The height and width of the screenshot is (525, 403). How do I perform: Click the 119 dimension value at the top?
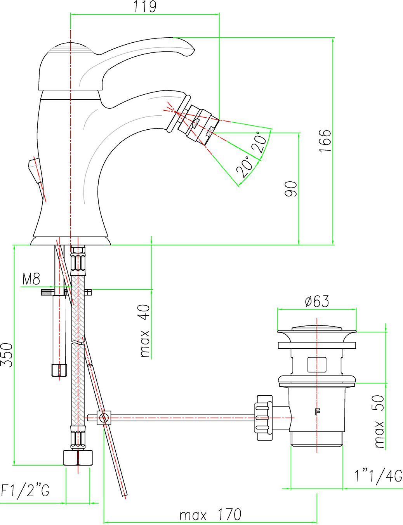pos(145,7)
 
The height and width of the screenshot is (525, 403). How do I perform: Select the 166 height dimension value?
pos(325,141)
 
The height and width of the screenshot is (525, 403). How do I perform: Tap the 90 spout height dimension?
pos(291,189)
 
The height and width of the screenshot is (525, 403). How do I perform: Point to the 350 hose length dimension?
pos(7,355)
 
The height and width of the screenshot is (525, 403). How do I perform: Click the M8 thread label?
pos(31,279)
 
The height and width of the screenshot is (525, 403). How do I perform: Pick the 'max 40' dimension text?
pos(145,331)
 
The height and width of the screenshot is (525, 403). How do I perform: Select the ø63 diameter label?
pos(317,301)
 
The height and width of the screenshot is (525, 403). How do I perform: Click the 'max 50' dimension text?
pos(379,421)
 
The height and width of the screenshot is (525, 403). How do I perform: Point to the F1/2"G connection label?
pos(25,490)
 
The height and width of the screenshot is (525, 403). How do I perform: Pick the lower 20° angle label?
pos(245,167)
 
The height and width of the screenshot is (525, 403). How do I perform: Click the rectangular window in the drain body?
pos(317,365)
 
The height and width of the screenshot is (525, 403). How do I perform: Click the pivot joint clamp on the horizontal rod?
pos(104,417)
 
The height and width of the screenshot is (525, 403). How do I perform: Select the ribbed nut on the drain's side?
pos(265,417)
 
